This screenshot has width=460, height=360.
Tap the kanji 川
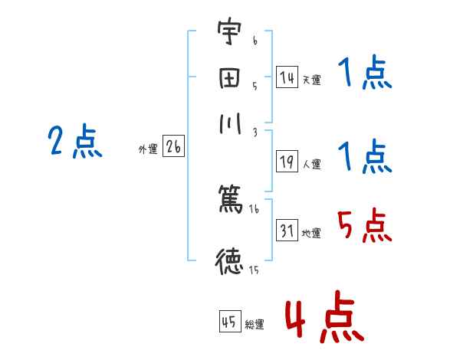coord(228,126)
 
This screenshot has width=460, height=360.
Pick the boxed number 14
coord(287,77)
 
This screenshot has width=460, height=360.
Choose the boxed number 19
coord(287,162)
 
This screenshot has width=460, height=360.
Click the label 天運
coord(311,80)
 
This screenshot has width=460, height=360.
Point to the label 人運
coord(311,164)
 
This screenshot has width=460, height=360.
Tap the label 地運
coord(311,234)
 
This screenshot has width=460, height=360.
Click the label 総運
coord(255,324)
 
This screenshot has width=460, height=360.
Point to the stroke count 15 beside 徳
coord(254,269)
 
